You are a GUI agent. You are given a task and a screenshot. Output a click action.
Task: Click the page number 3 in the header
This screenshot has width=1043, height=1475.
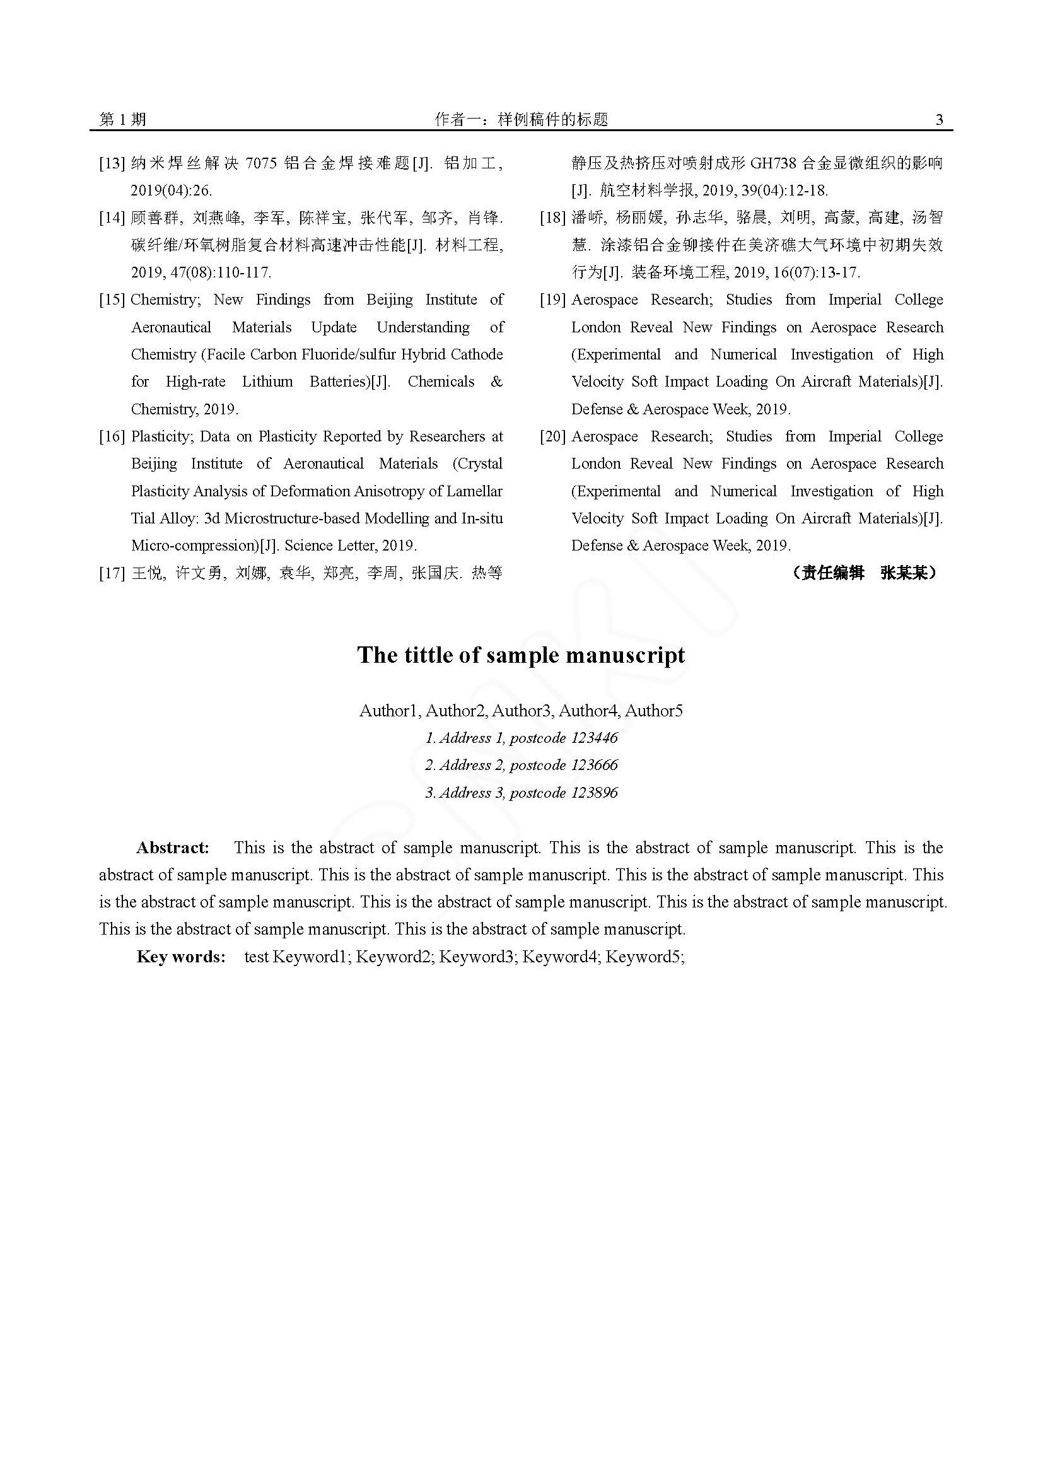pos(940,119)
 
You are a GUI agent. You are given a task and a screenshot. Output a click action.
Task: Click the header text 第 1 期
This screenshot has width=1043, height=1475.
pos(123,119)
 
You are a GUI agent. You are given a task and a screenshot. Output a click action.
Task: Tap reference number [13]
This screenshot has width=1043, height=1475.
pos(111,163)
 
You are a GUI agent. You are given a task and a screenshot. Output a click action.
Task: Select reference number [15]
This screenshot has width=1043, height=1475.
pos(111,300)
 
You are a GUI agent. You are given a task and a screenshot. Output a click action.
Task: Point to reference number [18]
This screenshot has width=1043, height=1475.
pos(552,218)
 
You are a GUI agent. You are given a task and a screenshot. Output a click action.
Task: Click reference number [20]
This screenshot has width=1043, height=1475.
pos(552,437)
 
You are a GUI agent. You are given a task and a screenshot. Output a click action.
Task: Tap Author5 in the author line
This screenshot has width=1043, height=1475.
pos(654,711)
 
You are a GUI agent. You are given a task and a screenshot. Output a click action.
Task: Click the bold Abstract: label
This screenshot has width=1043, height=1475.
pos(173,848)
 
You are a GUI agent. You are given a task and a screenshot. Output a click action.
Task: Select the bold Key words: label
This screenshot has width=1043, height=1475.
pos(181,957)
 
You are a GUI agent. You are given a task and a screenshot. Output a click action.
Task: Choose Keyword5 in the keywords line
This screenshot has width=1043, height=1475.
pos(643,957)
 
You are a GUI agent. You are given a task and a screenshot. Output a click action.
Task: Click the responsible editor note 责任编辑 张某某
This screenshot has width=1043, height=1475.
pos(865,573)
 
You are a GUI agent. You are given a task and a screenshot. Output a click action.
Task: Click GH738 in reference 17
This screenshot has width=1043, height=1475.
pos(773,163)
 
